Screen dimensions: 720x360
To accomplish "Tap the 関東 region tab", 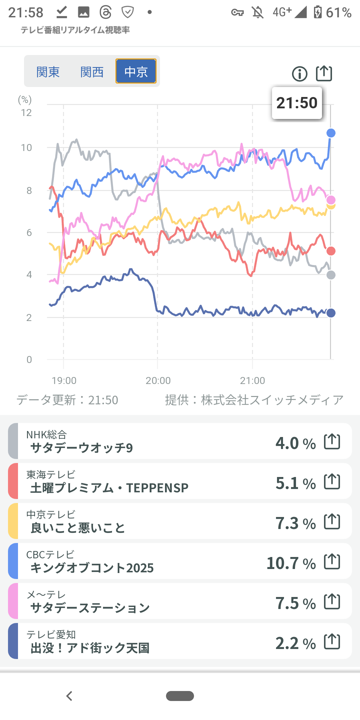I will point(48,72).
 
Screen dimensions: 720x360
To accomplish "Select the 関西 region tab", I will point(92,72).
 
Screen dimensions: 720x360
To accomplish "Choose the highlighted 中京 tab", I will point(136,71).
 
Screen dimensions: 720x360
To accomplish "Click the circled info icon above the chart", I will point(300,74).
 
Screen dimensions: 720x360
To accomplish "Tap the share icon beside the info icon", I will point(324,73).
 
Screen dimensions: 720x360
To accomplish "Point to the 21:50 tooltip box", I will point(297,103).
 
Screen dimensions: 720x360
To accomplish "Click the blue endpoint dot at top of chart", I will point(331,133).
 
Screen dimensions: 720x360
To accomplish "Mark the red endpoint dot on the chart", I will point(331,251).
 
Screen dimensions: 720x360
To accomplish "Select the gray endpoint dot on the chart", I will point(331,275).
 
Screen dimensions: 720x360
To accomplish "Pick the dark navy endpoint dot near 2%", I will point(331,313).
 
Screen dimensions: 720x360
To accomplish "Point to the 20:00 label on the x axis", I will point(158,380).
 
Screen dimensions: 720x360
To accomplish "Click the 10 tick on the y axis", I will point(26,148).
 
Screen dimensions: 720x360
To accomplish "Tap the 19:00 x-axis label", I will point(64,380).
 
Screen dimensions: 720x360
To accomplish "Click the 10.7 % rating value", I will point(291,563).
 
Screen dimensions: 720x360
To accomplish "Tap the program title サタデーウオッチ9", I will point(82,448).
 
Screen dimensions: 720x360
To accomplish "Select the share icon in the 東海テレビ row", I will point(332,482).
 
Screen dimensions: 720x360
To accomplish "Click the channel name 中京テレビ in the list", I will point(51,514).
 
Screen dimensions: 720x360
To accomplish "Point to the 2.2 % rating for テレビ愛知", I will point(295,643).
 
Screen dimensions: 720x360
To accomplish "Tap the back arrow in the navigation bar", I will point(69,696).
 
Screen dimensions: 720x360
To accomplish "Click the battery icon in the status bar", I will point(318,12).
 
